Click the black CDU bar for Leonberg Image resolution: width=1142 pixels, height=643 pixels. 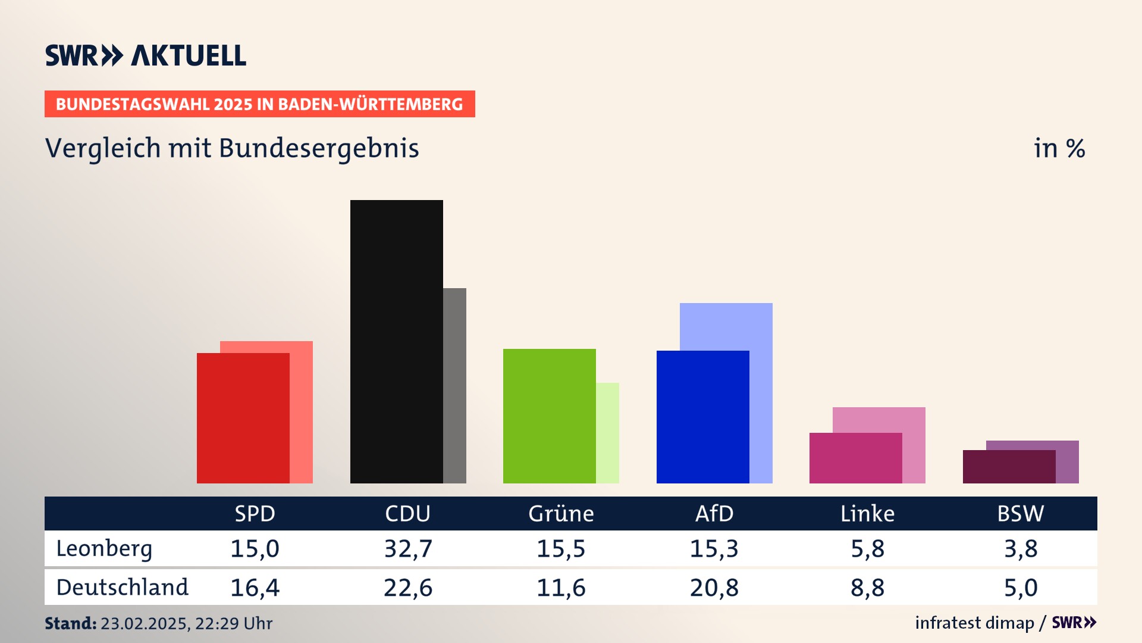(x=396, y=341)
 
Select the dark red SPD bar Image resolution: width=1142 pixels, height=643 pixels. (x=243, y=418)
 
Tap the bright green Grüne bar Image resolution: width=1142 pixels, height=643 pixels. (x=549, y=416)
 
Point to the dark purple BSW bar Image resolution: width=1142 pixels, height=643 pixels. (x=1009, y=467)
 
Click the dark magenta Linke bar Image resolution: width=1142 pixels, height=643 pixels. (x=855, y=458)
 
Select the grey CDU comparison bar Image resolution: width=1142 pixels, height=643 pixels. (x=454, y=386)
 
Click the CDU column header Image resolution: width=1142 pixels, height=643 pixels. (x=407, y=514)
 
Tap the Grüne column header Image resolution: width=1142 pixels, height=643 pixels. (x=561, y=514)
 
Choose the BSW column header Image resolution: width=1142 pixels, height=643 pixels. (x=1020, y=514)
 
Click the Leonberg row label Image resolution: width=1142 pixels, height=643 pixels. (x=104, y=548)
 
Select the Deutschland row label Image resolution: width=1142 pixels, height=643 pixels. (x=122, y=588)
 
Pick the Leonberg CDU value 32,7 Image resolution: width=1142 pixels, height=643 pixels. (x=408, y=548)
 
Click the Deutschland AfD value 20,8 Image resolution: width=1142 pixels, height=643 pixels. (x=714, y=588)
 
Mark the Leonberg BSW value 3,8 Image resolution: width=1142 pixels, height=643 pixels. (x=1021, y=548)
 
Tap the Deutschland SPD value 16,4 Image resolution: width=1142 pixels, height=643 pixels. (x=255, y=588)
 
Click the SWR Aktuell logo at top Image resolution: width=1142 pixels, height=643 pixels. (x=145, y=55)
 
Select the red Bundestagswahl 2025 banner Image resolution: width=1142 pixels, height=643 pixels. (x=259, y=104)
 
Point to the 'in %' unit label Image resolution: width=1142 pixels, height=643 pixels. (x=1059, y=149)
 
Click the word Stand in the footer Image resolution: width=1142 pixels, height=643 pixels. (x=70, y=623)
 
